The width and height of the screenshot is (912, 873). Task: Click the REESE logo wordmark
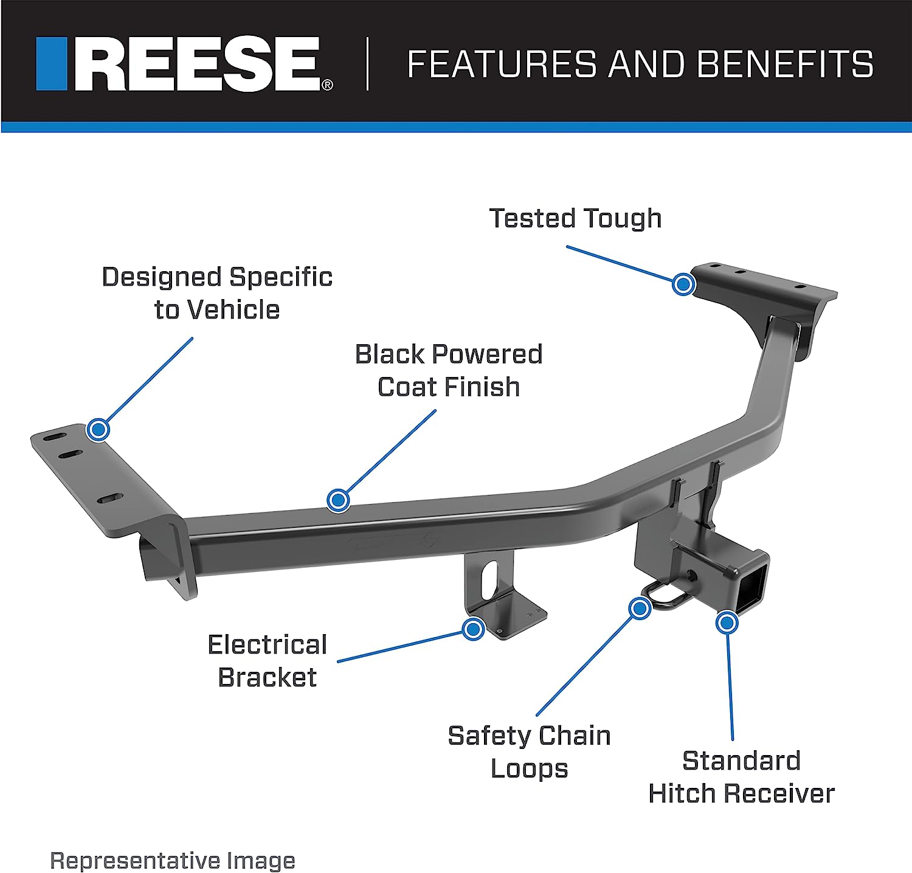coord(198,64)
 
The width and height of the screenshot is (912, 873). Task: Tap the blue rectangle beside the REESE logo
coord(52,64)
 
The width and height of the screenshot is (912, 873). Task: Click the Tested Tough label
coord(575,218)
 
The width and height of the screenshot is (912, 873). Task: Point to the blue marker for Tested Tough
coord(684,284)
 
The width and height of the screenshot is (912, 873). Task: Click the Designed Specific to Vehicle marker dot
coord(98,430)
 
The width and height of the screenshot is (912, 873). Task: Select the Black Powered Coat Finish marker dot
coord(338,500)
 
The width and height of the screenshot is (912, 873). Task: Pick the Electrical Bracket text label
coord(268,661)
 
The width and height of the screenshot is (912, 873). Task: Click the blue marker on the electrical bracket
coord(473,629)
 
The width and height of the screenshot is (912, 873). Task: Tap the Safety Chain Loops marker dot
coord(640,608)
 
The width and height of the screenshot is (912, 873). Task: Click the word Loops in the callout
coord(529,769)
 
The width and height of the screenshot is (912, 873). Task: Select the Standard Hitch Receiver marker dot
coord(727,622)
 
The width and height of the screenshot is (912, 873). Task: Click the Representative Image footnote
coord(173,861)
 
